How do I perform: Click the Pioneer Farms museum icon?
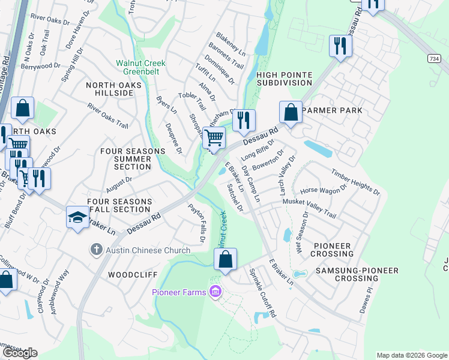click(x=215, y=292)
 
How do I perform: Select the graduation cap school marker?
click(x=77, y=217)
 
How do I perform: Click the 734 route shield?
click(x=434, y=58)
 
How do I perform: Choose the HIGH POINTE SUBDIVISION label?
click(x=284, y=79)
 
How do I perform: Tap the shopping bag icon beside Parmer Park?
click(x=291, y=112)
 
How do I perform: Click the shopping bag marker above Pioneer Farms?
click(x=226, y=260)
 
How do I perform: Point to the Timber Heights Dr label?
click(x=355, y=181)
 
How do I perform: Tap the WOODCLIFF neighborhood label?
click(x=133, y=275)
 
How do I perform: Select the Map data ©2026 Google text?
click(x=411, y=355)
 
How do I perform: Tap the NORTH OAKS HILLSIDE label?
click(x=113, y=90)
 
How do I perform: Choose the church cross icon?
click(x=96, y=249)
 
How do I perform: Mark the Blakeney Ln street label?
click(x=231, y=44)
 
